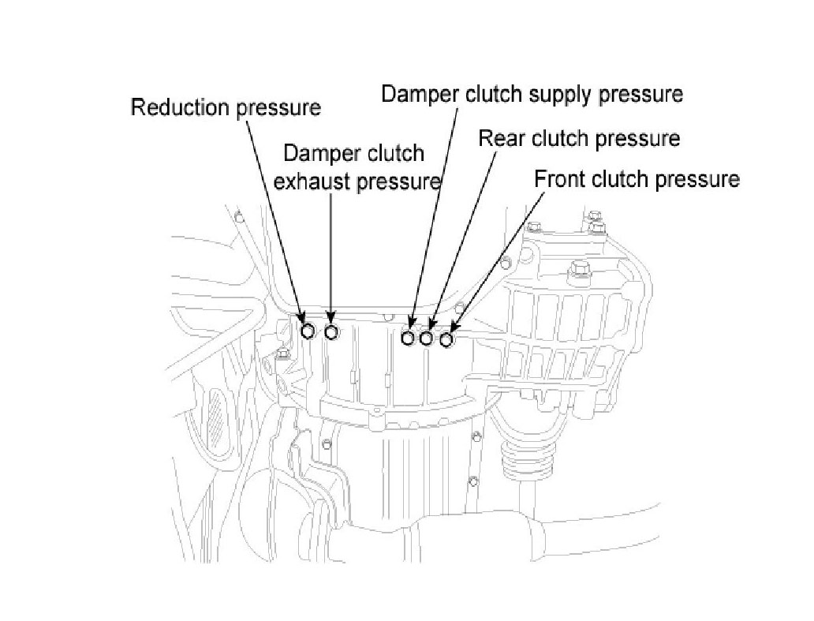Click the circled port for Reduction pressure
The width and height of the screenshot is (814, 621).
pyautogui.click(x=308, y=331)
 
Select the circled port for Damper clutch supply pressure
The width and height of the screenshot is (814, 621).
pyautogui.click(x=408, y=338)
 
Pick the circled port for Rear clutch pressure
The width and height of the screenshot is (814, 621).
pyautogui.click(x=427, y=338)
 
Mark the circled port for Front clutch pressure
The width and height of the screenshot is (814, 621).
pyautogui.click(x=446, y=339)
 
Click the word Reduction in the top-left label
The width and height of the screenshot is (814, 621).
pyautogui.click(x=181, y=107)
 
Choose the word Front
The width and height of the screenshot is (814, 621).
pyautogui.click(x=559, y=179)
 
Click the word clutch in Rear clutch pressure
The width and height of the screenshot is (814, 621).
pyautogui.click(x=561, y=139)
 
